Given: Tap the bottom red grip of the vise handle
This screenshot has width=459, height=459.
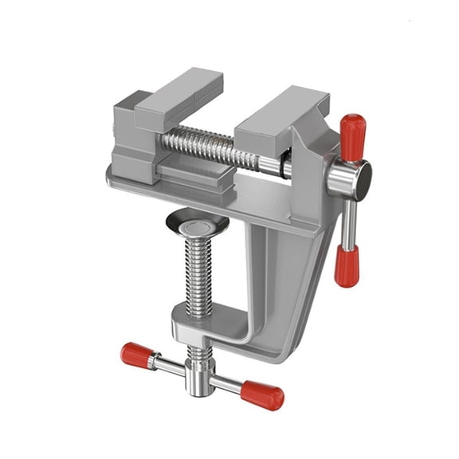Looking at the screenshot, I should pyautogui.click(x=346, y=266).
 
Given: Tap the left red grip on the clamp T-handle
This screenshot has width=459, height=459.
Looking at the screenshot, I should pyautogui.click(x=137, y=353).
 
